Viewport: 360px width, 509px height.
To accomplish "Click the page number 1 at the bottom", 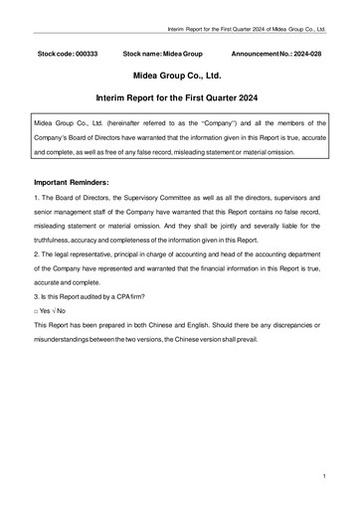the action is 324,478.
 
